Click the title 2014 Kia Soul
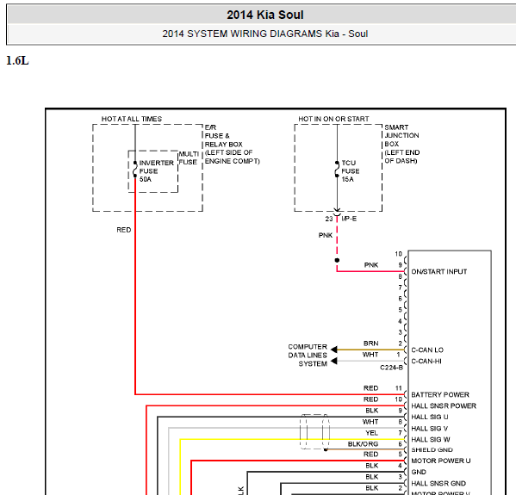[x=265, y=15]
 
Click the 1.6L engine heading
[x=17, y=61]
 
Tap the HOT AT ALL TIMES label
[x=132, y=119]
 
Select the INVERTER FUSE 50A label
[x=156, y=171]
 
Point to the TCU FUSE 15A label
[x=350, y=171]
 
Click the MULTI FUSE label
[x=189, y=158]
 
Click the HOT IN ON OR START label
[x=333, y=119]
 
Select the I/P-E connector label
[x=349, y=219]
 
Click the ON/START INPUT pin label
[x=439, y=272]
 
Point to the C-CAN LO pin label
[x=427, y=350]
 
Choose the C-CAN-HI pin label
[x=426, y=362]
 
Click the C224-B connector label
[x=391, y=368]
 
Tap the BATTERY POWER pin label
[x=440, y=394]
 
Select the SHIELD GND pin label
[x=432, y=449]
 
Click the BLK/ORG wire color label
[x=363, y=444]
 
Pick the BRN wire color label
[x=371, y=343]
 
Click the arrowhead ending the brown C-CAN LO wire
[x=333, y=350]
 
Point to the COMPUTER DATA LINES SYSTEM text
[x=308, y=356]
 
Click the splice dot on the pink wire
[x=337, y=260]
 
